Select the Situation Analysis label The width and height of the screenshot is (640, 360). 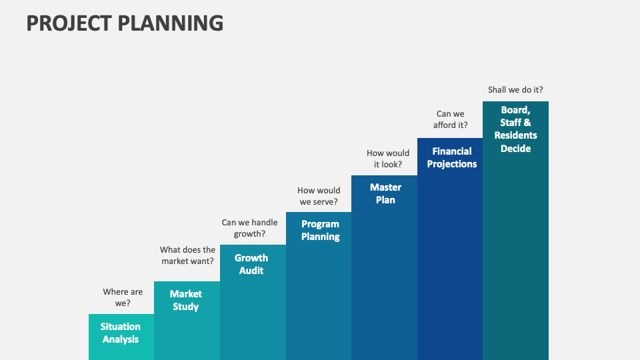coord(121,333)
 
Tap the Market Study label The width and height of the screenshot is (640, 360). coord(186,300)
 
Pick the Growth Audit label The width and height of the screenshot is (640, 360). coord(251,264)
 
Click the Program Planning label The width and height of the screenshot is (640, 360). coord(320,230)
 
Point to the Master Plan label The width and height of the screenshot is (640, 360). coord(385,193)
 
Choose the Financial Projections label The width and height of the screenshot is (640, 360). coord(452,157)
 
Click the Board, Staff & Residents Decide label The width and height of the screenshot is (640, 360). coord(515,128)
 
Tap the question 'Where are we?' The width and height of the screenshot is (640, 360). coord(123,297)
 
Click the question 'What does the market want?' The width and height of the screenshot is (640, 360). coord(188,255)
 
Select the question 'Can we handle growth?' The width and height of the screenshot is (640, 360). coord(249,228)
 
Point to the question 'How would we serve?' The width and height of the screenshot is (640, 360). coord(319,196)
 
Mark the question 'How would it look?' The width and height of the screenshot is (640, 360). coord(388,159)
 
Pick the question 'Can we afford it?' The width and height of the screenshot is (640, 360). coord(451,119)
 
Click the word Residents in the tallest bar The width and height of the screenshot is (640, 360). coord(515,135)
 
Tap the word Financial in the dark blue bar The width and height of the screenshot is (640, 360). coord(452,151)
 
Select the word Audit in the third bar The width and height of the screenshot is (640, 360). coord(251,271)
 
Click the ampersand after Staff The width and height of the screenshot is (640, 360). coord(527,123)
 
